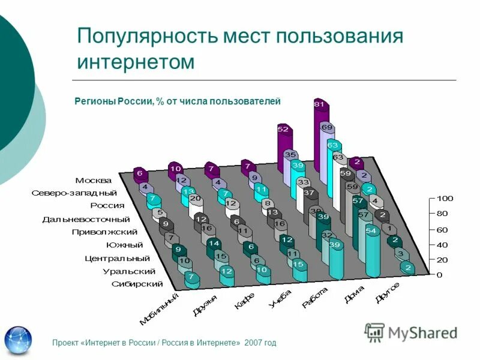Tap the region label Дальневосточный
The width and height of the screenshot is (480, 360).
click(x=86, y=219)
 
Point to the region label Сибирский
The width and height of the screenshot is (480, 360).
click(x=137, y=284)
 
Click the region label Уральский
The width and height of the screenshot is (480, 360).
click(x=126, y=271)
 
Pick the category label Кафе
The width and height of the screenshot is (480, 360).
click(x=239, y=299)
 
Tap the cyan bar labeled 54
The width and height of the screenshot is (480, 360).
click(x=372, y=252)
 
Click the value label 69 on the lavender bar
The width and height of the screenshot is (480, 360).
click(x=326, y=127)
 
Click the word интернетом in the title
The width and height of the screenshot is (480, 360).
click(x=136, y=62)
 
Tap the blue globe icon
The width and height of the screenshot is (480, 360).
click(x=19, y=340)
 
